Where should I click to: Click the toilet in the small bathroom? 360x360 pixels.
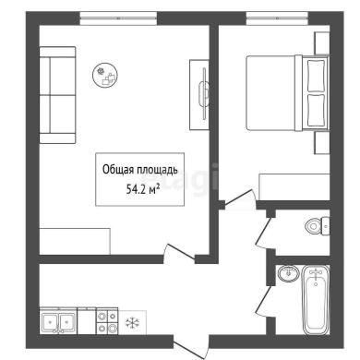[318, 226]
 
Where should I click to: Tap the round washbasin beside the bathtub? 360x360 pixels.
[288, 273]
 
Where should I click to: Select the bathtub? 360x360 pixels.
[316, 300]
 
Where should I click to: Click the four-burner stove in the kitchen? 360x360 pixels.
[107, 321]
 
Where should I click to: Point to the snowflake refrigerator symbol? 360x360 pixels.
[133, 323]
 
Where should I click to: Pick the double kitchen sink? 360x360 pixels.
[58, 321]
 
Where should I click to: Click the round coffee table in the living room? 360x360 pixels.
[105, 76]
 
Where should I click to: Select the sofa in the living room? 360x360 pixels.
[57, 95]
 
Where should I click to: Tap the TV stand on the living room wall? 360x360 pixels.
[199, 95]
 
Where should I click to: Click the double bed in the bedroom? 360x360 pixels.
[287, 93]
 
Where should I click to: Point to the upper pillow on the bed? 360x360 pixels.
[316, 76]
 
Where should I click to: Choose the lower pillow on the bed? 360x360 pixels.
[316, 111]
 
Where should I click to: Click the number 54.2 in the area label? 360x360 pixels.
[134, 189]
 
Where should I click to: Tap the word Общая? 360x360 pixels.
[118, 170]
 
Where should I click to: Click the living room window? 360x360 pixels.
[118, 18]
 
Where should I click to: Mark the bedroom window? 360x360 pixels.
[277, 18]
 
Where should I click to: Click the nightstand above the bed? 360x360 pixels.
[322, 43]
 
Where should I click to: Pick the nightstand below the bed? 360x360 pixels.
[322, 143]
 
